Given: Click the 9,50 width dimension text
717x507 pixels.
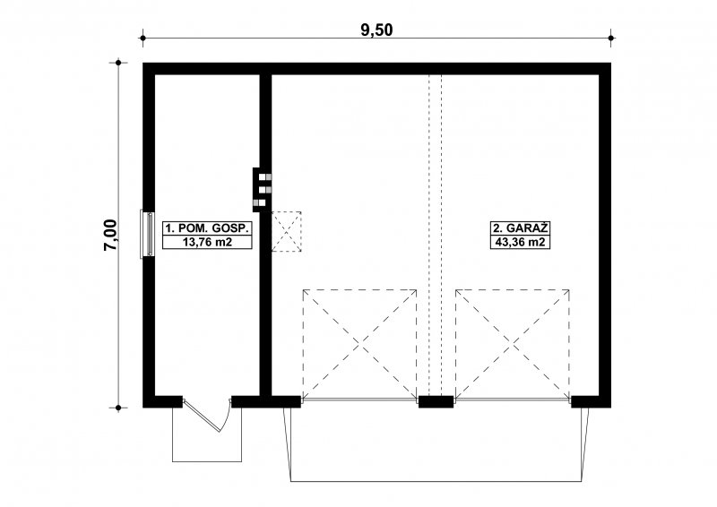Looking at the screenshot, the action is [376, 30].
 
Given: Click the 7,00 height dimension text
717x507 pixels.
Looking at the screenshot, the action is [110, 235].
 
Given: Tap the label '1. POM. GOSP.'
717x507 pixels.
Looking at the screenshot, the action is [207, 228].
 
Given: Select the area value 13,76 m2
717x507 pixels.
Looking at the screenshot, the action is [207, 242].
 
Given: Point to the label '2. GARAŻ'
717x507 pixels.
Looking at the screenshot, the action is [520, 228].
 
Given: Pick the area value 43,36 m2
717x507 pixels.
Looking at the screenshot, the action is [520, 242].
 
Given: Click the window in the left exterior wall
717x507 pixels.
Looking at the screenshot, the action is [147, 233].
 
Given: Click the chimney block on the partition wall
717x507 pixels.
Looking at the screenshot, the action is [262, 190].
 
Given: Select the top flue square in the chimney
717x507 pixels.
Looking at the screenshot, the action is [263, 176].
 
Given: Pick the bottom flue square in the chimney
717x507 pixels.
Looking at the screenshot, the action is [263, 202].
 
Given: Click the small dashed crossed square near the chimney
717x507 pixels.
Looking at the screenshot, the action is [286, 231].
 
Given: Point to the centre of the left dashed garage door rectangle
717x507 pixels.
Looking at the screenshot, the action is [359, 344].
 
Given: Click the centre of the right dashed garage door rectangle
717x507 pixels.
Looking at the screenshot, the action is [513, 344].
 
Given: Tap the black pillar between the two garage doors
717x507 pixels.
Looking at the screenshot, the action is [436, 401].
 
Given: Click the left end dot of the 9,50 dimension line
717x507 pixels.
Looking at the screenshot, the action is [143, 38].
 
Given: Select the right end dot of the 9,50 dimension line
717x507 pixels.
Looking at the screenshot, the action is [611, 38].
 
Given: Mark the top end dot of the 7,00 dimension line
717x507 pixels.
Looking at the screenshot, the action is [118, 63].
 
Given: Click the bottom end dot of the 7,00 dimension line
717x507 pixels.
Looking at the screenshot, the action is [118, 408].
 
